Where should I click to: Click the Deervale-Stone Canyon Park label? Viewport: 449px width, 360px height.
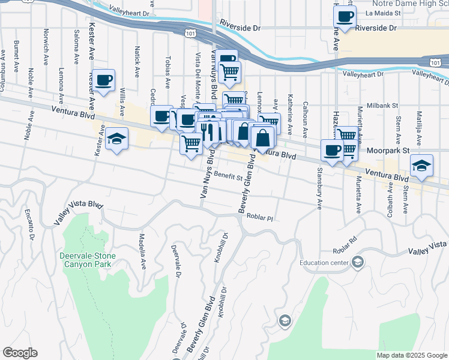[x=87, y=260]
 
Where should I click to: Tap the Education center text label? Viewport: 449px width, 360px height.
[x=325, y=262]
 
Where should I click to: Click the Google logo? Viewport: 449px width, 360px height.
[x=20, y=353]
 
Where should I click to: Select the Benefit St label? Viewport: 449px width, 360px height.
[x=228, y=177]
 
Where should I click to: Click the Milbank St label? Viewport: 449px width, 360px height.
[x=382, y=105]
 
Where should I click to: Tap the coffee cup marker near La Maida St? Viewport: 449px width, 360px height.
[x=345, y=17]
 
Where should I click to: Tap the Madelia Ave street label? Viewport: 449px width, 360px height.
[x=143, y=251]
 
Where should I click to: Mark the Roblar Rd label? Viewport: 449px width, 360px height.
[x=346, y=252]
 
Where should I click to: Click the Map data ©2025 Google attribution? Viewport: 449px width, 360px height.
[x=412, y=355]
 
